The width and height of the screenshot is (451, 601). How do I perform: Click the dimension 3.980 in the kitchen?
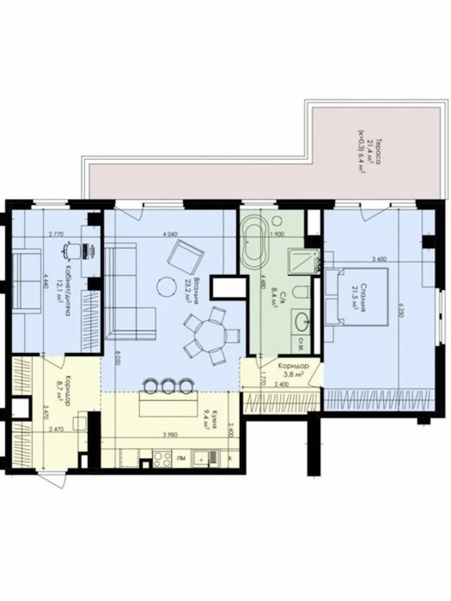click(171, 435)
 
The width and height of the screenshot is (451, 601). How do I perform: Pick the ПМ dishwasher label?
click(182, 459)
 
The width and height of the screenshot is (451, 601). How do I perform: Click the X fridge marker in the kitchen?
click(230, 459)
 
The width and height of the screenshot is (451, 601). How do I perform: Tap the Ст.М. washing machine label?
click(301, 342)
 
